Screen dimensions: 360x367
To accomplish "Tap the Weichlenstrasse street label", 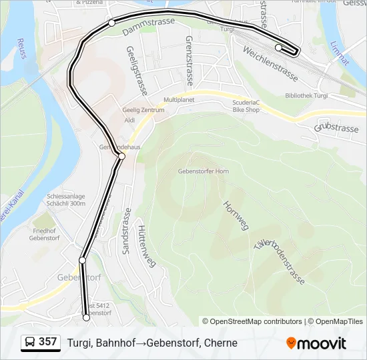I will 269,61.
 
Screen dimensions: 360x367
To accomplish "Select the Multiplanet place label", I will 179,99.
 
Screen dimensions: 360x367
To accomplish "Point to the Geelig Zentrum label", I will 143,110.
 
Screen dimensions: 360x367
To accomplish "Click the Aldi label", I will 130,120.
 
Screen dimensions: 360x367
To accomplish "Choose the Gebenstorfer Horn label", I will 204,171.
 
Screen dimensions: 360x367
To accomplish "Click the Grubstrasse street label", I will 336,127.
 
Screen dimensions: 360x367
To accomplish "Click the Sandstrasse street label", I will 126,230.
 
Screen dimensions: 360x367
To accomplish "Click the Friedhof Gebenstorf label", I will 45,234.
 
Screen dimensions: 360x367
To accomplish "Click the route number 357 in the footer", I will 47,342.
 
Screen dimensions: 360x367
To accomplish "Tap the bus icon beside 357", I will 30,343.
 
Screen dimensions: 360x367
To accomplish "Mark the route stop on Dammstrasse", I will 111,23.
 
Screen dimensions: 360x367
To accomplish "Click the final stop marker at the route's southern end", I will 86,318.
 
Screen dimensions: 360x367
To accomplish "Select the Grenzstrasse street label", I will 189,61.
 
